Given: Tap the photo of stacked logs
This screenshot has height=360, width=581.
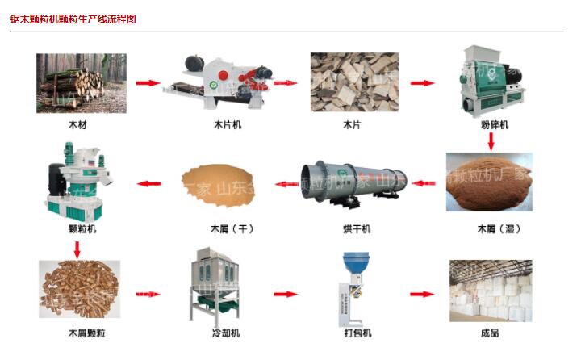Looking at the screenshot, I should (81, 83).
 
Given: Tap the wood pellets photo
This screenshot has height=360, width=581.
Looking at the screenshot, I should (78, 288).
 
